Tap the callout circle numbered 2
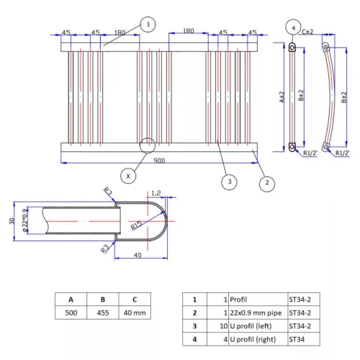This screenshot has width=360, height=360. [266, 182]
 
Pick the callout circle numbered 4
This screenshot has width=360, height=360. [292, 28]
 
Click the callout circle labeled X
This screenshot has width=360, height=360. [128, 175]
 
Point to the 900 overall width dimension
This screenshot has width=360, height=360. [157, 161]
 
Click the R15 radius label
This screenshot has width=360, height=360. [137, 225]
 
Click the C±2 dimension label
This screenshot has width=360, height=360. [307, 32]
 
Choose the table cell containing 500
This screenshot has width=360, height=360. [71, 314]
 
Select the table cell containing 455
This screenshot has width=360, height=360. [103, 314]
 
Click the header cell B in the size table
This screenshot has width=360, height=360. [103, 299]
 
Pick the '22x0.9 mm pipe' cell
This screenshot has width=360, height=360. [253, 313]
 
